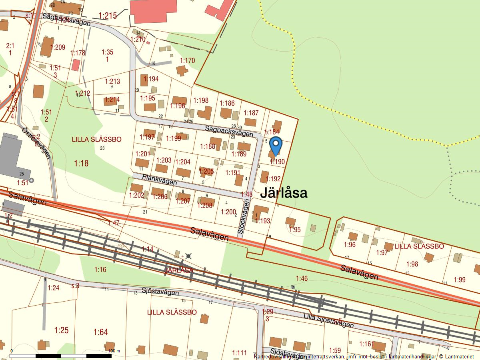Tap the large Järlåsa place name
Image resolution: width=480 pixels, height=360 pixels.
point(284,193)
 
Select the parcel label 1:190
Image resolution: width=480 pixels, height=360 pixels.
point(277,162)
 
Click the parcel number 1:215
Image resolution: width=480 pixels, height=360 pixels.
point(107,16)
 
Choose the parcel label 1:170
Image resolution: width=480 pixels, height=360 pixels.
point(187,60)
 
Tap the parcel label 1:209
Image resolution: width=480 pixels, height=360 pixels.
point(58,47)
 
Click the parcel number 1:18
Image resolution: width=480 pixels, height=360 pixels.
point(81,163)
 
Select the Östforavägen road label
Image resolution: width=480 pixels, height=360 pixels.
point(36,143)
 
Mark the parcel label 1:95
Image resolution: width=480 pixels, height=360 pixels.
point(294,229)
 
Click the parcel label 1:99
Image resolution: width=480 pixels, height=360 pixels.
point(460,280)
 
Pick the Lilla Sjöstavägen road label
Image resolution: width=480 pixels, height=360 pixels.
point(328,320)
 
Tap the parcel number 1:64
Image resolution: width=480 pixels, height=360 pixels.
point(101,332)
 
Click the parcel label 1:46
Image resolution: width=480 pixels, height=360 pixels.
point(302,278)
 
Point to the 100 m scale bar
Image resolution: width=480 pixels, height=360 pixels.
point(60,355)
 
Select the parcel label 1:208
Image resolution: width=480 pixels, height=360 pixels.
point(205,205)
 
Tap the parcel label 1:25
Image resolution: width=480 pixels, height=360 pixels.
point(61,330)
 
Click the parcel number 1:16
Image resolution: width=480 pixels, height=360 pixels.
point(100,270)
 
